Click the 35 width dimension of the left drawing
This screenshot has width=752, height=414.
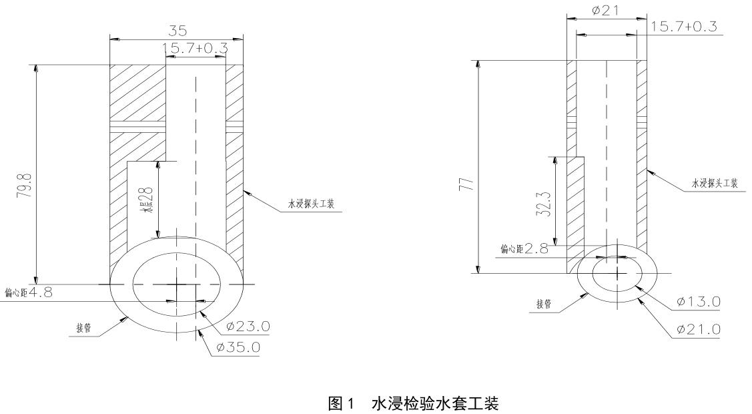point(177,31)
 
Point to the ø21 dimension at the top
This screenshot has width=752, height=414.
point(607,11)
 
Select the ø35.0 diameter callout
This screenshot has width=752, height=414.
point(238,348)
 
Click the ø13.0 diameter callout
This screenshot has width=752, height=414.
point(698,302)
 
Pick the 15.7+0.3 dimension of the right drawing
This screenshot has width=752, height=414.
point(685,26)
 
